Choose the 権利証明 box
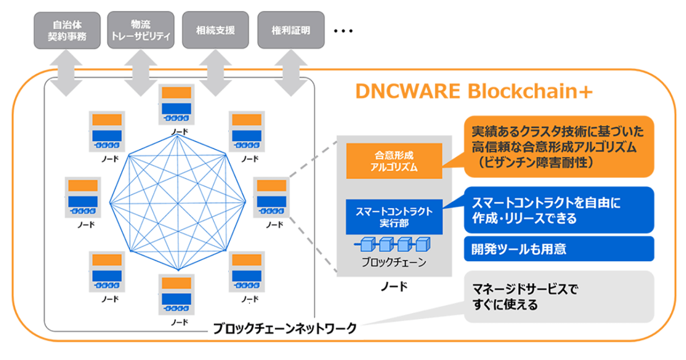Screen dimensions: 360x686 tap(291, 30)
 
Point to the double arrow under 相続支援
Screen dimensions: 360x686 tap(216, 71)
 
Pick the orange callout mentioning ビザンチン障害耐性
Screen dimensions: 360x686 tap(557, 146)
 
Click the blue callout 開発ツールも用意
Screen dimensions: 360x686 tap(557, 249)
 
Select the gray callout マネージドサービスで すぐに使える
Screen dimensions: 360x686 tap(557, 297)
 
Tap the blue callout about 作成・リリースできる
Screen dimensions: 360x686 tap(557, 209)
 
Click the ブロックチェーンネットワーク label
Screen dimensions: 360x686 tap(285, 329)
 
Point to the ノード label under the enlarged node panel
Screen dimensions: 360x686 tap(394, 286)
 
